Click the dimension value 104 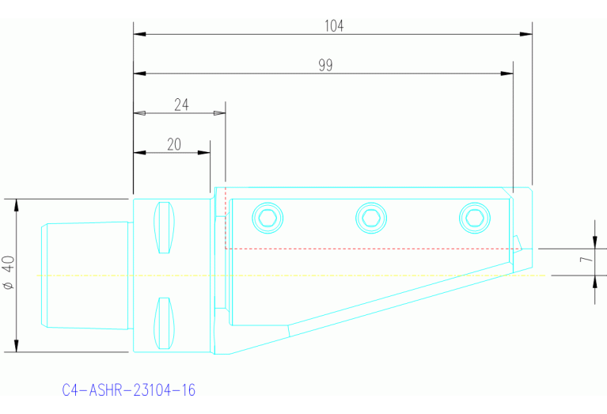(x=334, y=25)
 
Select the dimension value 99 (x=325, y=65)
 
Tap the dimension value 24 (x=181, y=104)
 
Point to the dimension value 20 (x=174, y=143)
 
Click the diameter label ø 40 (x=7, y=273)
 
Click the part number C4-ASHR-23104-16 (x=128, y=390)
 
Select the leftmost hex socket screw (x=267, y=218)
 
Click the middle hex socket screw (x=371, y=218)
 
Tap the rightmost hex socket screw (x=475, y=218)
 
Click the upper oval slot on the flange (x=163, y=228)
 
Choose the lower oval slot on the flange (x=163, y=322)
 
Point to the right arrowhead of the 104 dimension (x=525, y=34)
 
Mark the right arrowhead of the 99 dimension (x=507, y=74)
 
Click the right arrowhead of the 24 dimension (x=219, y=113)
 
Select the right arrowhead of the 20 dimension (x=204, y=152)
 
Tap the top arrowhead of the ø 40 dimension (x=16, y=205)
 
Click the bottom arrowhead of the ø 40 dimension (x=16, y=346)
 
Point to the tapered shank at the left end (x=85, y=275)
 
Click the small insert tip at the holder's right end (x=518, y=242)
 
